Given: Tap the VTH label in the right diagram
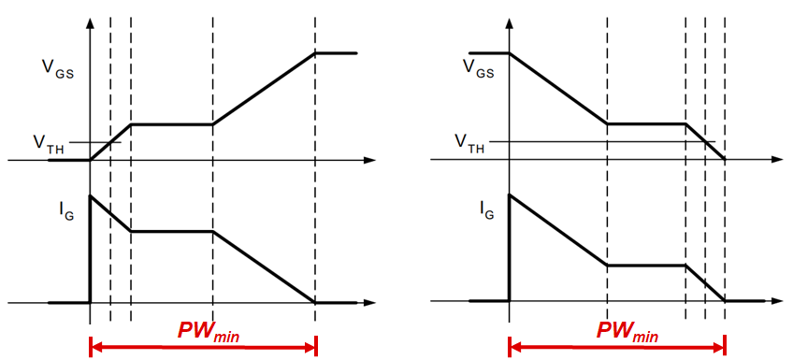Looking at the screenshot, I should (470, 141).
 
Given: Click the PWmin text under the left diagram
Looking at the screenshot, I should (204, 331).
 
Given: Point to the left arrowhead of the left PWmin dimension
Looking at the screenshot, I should (94, 347).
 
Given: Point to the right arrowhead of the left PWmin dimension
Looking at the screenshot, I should (311, 347).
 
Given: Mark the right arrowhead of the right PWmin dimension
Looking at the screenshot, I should (721, 347).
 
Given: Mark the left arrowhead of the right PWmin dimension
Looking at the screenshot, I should (513, 347).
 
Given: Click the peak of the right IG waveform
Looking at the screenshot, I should (510, 194).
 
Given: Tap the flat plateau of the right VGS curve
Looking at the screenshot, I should (646, 123).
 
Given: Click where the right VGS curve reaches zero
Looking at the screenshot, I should (726, 160).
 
